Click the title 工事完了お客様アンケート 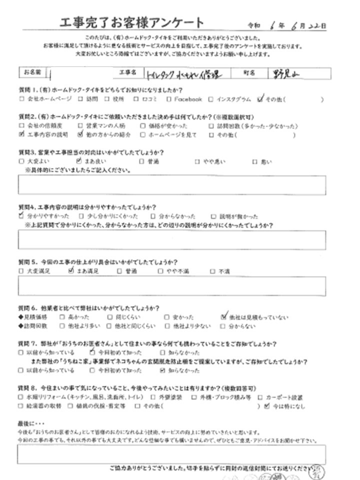coord(131,22)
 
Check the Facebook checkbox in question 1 coord(170,99)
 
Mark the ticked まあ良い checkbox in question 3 coord(79,161)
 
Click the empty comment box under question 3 coord(171,184)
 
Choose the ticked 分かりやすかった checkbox coord(21,216)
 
